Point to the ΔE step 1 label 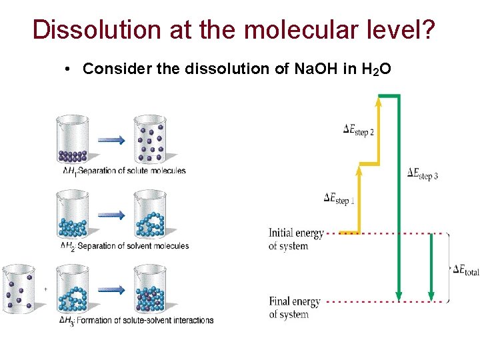click(x=339, y=198)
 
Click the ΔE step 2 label click(x=359, y=129)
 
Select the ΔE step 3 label click(x=423, y=174)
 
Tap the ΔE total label click(x=465, y=270)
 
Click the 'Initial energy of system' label click(x=296, y=239)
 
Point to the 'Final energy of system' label click(x=295, y=307)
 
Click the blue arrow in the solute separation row click(x=111, y=140)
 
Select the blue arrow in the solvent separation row click(x=111, y=215)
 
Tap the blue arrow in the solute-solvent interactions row click(x=111, y=289)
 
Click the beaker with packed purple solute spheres click(x=73, y=141)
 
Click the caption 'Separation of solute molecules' click(x=131, y=171)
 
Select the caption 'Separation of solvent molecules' click(x=133, y=246)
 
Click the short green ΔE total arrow click(x=431, y=267)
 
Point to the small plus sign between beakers click(x=45, y=289)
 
